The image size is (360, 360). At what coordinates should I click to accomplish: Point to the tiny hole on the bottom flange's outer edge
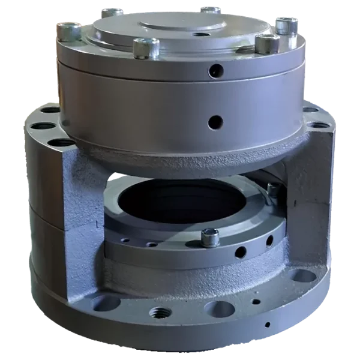coord(266,325)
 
